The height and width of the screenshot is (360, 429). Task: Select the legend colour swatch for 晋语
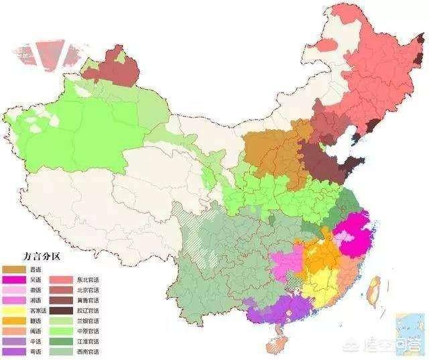pos(13,268)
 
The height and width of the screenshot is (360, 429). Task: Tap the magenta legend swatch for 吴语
pos(13,279)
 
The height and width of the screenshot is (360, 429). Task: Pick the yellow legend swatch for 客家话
pos(13,310)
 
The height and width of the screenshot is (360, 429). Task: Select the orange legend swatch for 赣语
pos(13,321)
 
